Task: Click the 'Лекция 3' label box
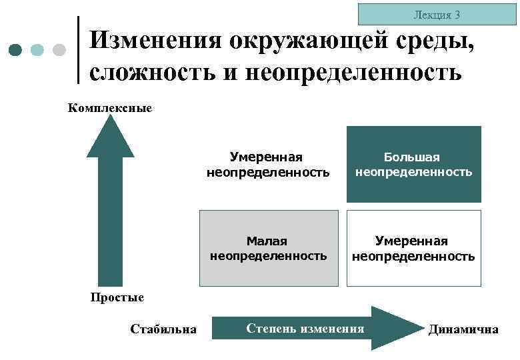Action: (437, 14)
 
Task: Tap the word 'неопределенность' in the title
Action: (353, 71)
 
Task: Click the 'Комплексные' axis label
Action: (110, 107)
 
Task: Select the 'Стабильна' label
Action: (163, 329)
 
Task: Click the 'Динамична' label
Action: (463, 329)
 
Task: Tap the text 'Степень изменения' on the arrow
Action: (305, 328)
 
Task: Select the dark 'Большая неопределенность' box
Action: (413, 164)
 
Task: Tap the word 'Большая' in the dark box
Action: (412, 157)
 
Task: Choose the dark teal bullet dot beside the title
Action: (17, 49)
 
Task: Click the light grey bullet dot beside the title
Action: (59, 49)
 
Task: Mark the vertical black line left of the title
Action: (79, 50)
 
